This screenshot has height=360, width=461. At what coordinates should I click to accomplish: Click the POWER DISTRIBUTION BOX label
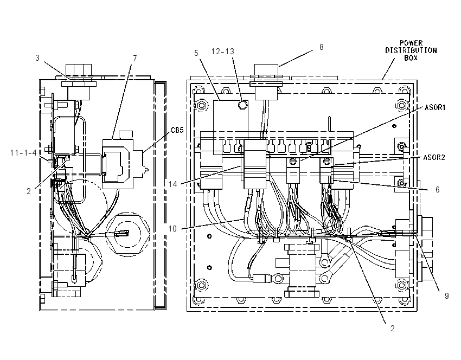pyautogui.click(x=411, y=50)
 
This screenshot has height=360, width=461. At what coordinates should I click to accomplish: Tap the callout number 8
pyautogui.click(x=322, y=47)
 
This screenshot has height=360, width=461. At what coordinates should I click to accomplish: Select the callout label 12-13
pyautogui.click(x=223, y=52)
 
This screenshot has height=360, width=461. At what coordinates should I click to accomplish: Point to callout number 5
pyautogui.click(x=196, y=53)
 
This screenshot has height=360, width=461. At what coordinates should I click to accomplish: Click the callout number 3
pyautogui.click(x=37, y=57)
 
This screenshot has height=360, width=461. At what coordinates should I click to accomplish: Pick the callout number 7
pyautogui.click(x=135, y=58)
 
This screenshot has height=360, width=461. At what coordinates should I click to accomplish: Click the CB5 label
pyautogui.click(x=177, y=130)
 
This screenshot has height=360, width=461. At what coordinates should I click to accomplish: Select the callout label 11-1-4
pyautogui.click(x=23, y=153)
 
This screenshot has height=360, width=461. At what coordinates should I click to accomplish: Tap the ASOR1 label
pyautogui.click(x=435, y=107)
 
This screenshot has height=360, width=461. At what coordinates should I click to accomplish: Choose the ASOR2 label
pyautogui.click(x=434, y=158)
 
